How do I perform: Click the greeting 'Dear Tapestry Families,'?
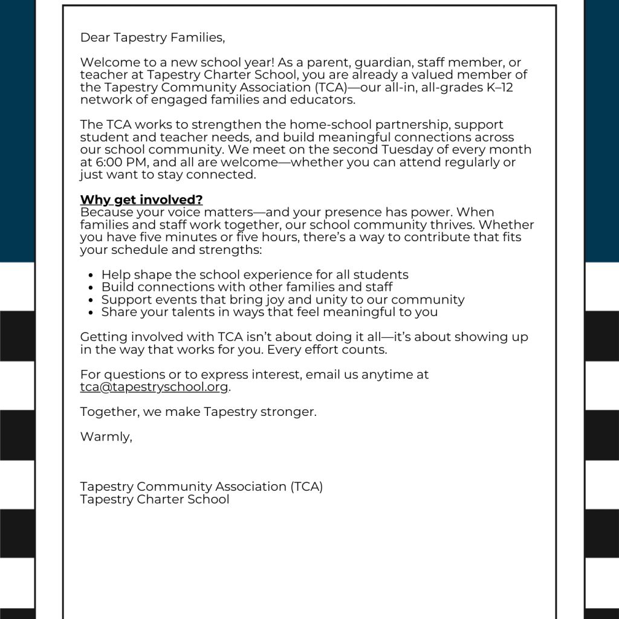pyautogui.click(x=152, y=37)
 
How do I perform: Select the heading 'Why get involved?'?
pyautogui.click(x=141, y=200)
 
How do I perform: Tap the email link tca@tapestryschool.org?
pyautogui.click(x=154, y=387)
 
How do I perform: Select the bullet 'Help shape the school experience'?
pyautogui.click(x=254, y=275)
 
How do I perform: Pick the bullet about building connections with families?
pyautogui.click(x=247, y=287)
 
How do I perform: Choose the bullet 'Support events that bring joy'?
pyautogui.click(x=283, y=300)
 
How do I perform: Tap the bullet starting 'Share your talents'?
pyautogui.click(x=269, y=313)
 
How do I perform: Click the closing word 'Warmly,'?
pyautogui.click(x=106, y=437)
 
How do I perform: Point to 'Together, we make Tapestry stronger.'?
pyautogui.click(x=198, y=412)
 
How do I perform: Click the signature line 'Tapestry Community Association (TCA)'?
pyautogui.click(x=201, y=487)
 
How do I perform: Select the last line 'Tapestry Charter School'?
pyautogui.click(x=155, y=499)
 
